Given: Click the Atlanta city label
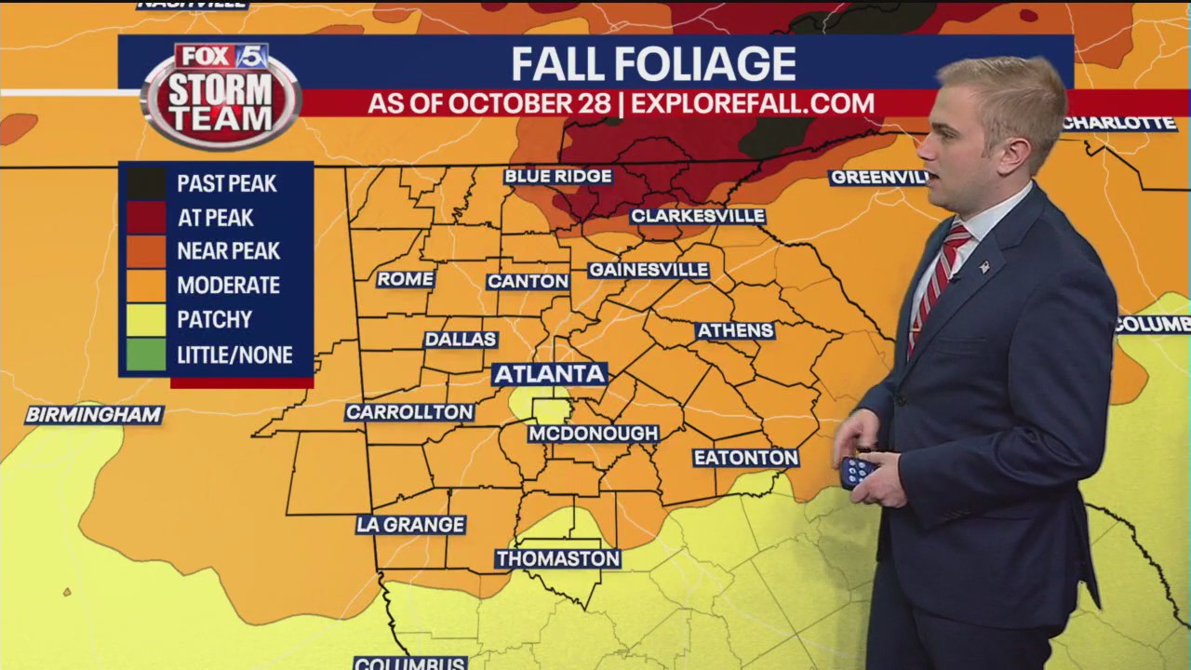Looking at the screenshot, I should pyautogui.click(x=549, y=374).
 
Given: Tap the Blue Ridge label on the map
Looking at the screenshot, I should pyautogui.click(x=557, y=176).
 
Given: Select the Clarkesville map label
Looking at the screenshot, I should pyautogui.click(x=698, y=216).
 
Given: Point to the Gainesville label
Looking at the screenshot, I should pyautogui.click(x=649, y=270).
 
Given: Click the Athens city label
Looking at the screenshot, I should pyautogui.click(x=735, y=330).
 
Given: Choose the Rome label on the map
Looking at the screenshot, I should pyautogui.click(x=405, y=279).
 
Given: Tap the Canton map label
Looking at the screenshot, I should pyautogui.click(x=528, y=281).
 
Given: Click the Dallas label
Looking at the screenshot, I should pyautogui.click(x=461, y=340).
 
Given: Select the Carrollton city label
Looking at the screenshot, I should pyautogui.click(x=409, y=412).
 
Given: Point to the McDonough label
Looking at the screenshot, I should pyautogui.click(x=594, y=434).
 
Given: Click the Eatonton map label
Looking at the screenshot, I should pyautogui.click(x=745, y=458).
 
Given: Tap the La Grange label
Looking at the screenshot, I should pyautogui.click(x=410, y=525).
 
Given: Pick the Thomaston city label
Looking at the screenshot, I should pyautogui.click(x=557, y=558).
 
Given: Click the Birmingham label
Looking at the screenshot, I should pyautogui.click(x=94, y=415).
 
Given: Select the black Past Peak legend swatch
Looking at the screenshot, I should pyautogui.click(x=146, y=183).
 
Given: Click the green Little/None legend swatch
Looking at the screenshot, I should pyautogui.click(x=146, y=355).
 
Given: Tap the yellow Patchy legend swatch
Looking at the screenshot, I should pyautogui.click(x=146, y=320).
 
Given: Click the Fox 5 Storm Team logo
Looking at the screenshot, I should pyautogui.click(x=221, y=95).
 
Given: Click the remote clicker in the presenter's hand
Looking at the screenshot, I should pyautogui.click(x=855, y=471).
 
